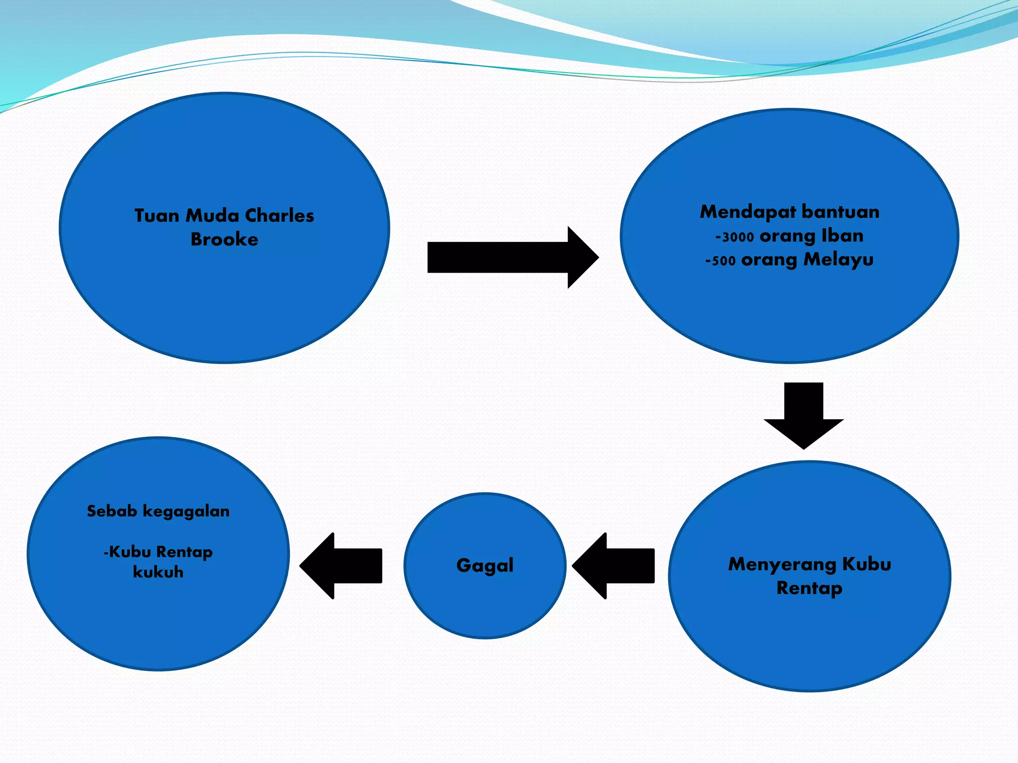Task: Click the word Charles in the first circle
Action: (279, 216)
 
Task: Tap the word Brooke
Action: (224, 239)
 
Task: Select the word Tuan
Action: (157, 216)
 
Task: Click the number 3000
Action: (738, 237)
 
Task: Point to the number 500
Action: (723, 261)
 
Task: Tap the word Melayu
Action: (839, 260)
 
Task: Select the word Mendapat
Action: (746, 212)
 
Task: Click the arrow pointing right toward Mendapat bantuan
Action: (512, 257)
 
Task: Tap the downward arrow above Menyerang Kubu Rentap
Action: (803, 414)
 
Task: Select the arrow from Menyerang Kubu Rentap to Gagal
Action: (613, 565)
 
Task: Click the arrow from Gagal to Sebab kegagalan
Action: (341, 565)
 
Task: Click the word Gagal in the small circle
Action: (485, 565)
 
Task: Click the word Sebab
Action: (112, 511)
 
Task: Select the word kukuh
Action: (158, 572)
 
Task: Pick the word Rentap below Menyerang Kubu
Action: (809, 588)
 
